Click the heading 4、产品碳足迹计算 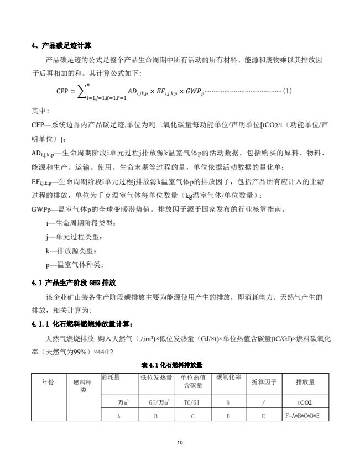[62, 46]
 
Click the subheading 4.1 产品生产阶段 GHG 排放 [74, 283]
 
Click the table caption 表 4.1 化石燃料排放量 [172, 365]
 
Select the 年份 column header [48, 381]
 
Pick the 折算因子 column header [264, 381]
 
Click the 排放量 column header [305, 381]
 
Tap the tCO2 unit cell [305, 402]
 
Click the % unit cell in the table [228, 402]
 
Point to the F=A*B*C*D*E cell [305, 415]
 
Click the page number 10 [180, 442]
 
